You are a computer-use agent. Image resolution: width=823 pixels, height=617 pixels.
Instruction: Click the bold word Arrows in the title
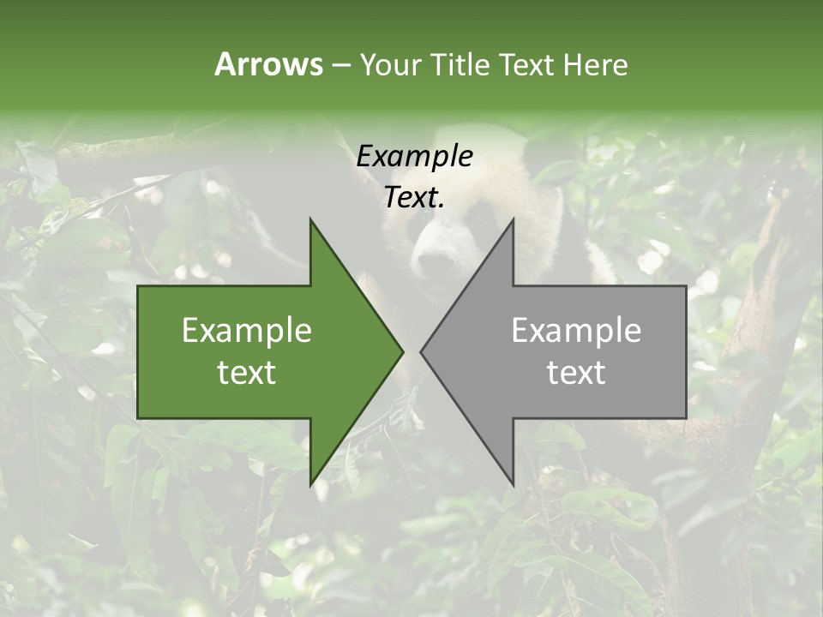tap(268, 64)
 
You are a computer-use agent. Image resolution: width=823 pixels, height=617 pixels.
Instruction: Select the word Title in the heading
tap(460, 64)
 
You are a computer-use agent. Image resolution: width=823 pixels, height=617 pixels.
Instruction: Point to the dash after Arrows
tap(340, 66)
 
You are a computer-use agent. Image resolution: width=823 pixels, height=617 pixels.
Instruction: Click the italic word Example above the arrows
tap(414, 156)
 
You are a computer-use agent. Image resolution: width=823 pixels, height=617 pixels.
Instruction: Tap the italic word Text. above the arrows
tap(414, 197)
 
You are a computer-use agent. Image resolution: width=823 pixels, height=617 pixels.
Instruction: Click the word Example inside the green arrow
tap(247, 331)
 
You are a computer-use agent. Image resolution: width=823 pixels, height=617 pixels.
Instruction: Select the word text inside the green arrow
tap(247, 372)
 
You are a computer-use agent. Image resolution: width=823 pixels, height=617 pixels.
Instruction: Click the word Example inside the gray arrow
tap(576, 331)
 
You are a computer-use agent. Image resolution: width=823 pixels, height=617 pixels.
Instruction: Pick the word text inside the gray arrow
tap(576, 372)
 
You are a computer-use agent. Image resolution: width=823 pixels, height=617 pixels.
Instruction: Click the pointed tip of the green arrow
tap(402, 351)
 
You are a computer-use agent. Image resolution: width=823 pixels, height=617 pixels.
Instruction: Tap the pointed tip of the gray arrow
tap(422, 351)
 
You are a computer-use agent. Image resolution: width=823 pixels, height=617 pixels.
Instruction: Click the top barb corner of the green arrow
tap(310, 220)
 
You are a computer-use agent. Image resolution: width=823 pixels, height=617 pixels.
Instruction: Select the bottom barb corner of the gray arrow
tap(513, 484)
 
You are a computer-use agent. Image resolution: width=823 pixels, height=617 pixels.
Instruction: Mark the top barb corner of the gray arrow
tap(513, 220)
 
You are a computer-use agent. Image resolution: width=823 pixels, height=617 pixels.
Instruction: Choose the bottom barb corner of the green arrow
tap(310, 484)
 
